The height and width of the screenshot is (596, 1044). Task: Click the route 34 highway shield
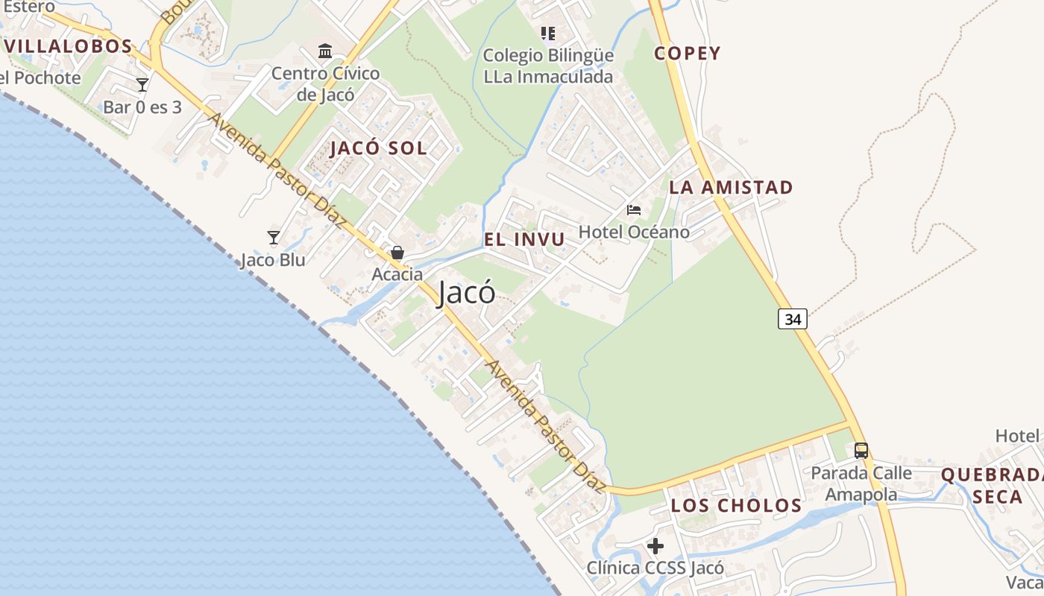coord(793,319)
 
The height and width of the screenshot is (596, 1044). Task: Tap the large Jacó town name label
coord(466,292)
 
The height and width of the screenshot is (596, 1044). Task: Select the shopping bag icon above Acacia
coord(397,253)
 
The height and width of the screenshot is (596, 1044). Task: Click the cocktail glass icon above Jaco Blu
coord(274,238)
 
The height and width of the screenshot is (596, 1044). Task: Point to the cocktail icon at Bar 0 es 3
coord(142,84)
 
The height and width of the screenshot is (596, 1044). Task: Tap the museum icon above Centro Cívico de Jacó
coord(325,51)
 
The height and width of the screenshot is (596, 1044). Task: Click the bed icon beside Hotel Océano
coord(634,210)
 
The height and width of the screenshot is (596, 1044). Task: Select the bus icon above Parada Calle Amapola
coord(861,451)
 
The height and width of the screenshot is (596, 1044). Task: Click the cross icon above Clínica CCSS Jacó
coord(655,546)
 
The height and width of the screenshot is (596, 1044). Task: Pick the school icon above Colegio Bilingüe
coord(548,34)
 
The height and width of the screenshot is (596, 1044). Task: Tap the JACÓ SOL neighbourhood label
coord(378,148)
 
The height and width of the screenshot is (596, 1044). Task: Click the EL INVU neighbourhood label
coord(524,240)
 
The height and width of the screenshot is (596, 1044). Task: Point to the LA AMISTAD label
coord(731,188)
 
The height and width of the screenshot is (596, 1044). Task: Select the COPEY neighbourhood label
coord(688,54)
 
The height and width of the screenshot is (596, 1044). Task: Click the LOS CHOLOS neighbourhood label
coord(736,506)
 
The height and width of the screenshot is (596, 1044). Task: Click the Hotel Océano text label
coord(634,232)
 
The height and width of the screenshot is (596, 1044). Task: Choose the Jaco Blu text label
coord(273,261)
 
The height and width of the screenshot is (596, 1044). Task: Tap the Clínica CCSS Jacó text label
coord(655,568)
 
